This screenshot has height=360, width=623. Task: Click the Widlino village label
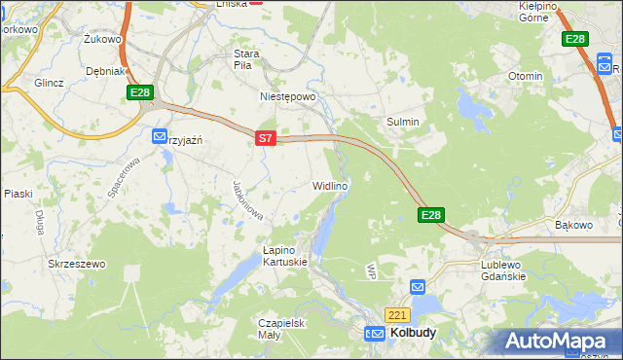[330, 185]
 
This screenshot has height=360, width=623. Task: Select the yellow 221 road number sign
[397, 315]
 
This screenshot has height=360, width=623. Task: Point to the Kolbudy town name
[413, 333]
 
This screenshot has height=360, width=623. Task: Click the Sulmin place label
[403, 122]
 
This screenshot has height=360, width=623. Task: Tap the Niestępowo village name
[289, 97]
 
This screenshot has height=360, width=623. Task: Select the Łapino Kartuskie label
[285, 255]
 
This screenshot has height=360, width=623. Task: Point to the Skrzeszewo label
[76, 264]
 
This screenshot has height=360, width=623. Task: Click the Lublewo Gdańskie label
[503, 270]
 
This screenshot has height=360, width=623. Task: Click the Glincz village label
[48, 83]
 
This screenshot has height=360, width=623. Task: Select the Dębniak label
[104, 71]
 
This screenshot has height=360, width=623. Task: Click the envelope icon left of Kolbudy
[376, 333]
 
